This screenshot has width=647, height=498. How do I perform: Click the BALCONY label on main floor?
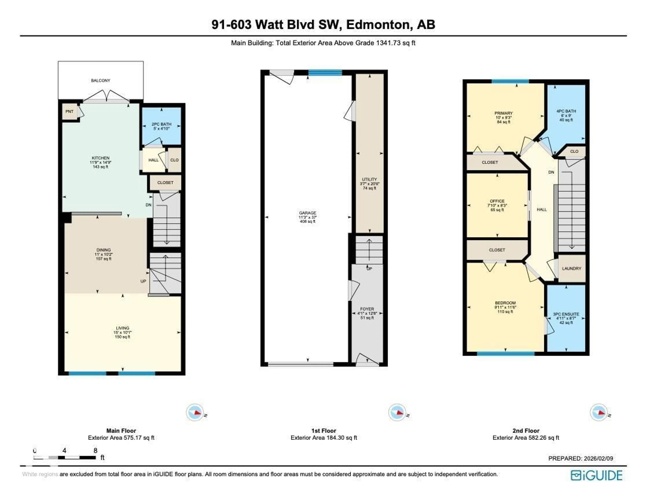tap(100, 81)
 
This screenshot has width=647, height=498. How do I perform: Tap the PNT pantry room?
tap(69, 112)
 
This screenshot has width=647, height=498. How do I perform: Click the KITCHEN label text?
tap(100, 158)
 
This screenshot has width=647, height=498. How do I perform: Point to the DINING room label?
tap(103, 250)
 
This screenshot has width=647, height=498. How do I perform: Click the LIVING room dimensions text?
tap(122, 332)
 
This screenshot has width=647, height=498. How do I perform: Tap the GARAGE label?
tap(307, 213)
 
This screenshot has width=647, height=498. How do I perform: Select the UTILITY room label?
tap(369, 179)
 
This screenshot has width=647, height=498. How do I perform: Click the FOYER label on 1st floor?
tap(367, 309)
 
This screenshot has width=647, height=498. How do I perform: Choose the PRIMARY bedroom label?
tap(503, 113)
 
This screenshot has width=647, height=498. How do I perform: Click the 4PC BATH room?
tap(566, 116)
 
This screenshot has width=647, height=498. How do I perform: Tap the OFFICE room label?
tap(497, 201)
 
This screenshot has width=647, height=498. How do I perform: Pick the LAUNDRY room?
tap(572, 269)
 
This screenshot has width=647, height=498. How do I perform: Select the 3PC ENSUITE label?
tap(566, 314)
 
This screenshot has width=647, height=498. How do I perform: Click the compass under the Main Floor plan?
tap(195, 412)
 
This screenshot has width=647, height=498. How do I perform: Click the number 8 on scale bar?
tap(95, 451)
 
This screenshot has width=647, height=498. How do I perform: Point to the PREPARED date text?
tap(580, 458)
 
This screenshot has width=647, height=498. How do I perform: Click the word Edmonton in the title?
tap(379, 25)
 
